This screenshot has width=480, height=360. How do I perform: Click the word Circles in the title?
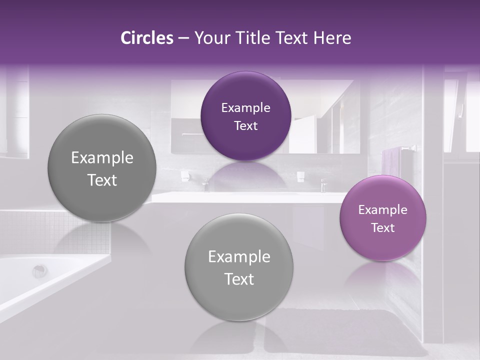[146, 38]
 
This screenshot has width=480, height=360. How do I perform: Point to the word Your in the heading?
[210, 38]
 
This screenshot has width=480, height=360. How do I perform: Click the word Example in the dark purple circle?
[245, 108]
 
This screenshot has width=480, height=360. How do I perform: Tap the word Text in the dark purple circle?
[245, 126]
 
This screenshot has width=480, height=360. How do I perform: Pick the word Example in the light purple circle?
[383, 210]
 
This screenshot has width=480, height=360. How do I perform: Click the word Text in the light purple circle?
[383, 228]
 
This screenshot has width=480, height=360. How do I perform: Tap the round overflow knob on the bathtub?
[39, 271]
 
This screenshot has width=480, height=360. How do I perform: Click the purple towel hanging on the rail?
[390, 162]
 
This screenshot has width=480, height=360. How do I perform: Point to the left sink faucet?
[205, 184]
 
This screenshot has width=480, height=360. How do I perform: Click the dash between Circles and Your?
[183, 38]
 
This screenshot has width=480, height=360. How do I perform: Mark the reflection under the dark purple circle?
[245, 172]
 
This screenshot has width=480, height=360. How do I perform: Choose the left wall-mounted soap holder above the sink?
[184, 175]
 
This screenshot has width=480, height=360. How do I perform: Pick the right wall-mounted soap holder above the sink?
[300, 175]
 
